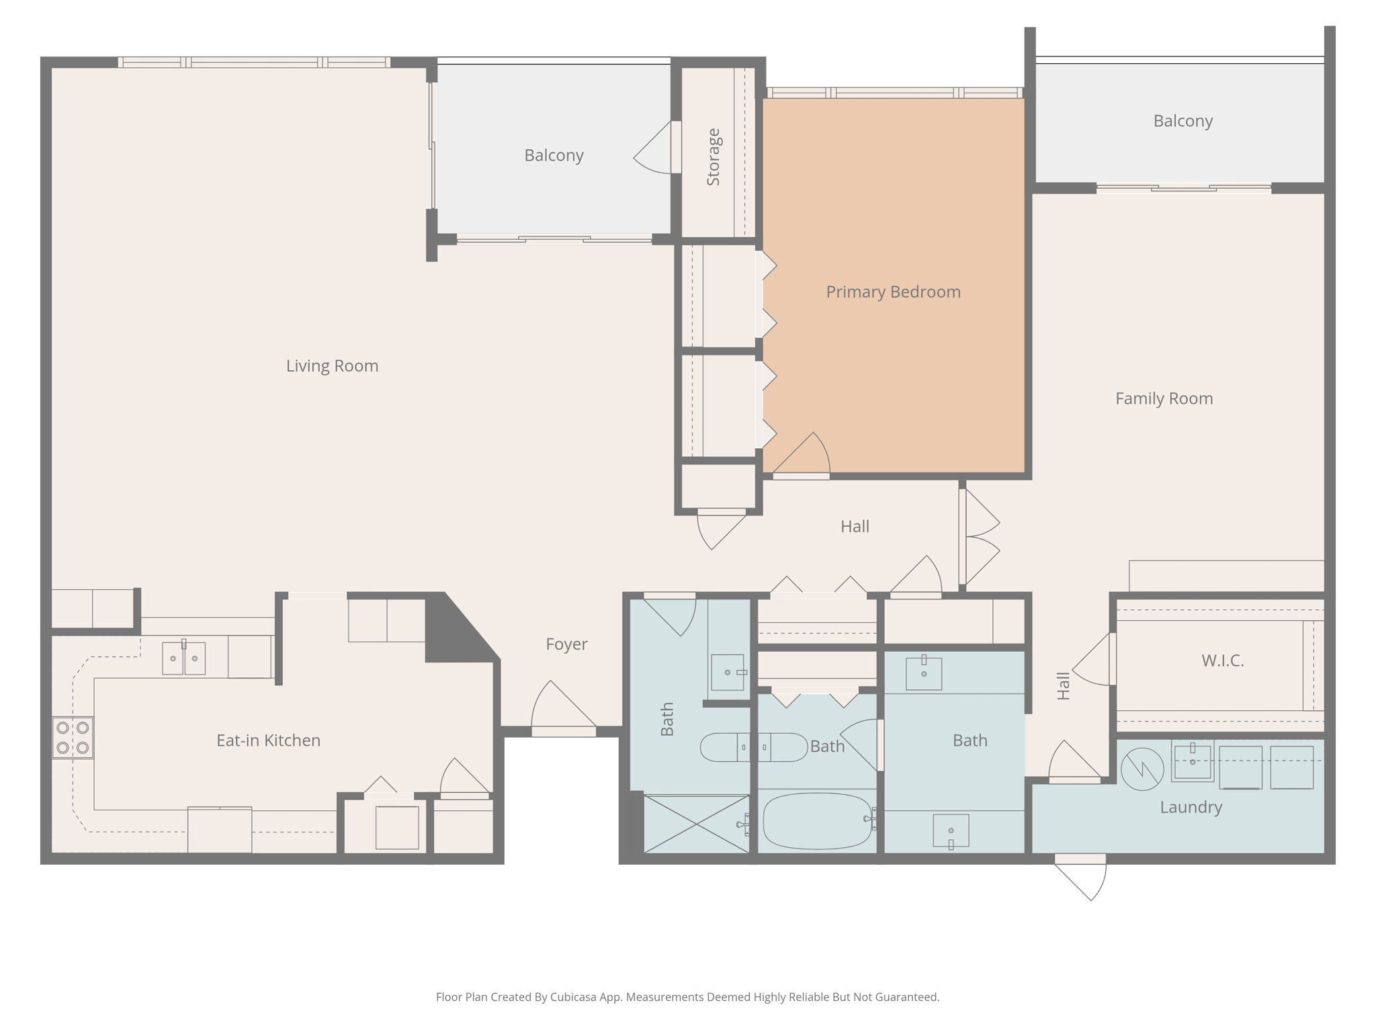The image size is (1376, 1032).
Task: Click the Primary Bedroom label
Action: pos(893,292)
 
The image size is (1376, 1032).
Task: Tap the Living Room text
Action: pos(332,365)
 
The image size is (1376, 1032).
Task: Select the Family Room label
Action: pos(1164,398)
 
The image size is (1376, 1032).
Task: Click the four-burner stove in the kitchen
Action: pos(73,737)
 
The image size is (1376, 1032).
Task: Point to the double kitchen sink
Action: pos(183,658)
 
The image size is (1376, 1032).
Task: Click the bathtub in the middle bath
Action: pos(817,820)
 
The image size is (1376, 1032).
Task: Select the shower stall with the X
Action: pos(696,824)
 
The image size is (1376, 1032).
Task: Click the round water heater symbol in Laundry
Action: pos(1142,769)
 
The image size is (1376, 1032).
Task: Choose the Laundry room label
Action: pos(1191,807)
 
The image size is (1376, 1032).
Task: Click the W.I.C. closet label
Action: pos(1222,660)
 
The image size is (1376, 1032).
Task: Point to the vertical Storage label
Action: pos(713,157)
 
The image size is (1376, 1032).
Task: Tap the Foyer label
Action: pos(566,644)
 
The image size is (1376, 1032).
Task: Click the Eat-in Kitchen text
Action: pos(268,740)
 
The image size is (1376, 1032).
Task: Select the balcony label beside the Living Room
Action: pos(554,155)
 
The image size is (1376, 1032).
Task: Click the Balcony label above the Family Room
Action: pos(1182,121)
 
